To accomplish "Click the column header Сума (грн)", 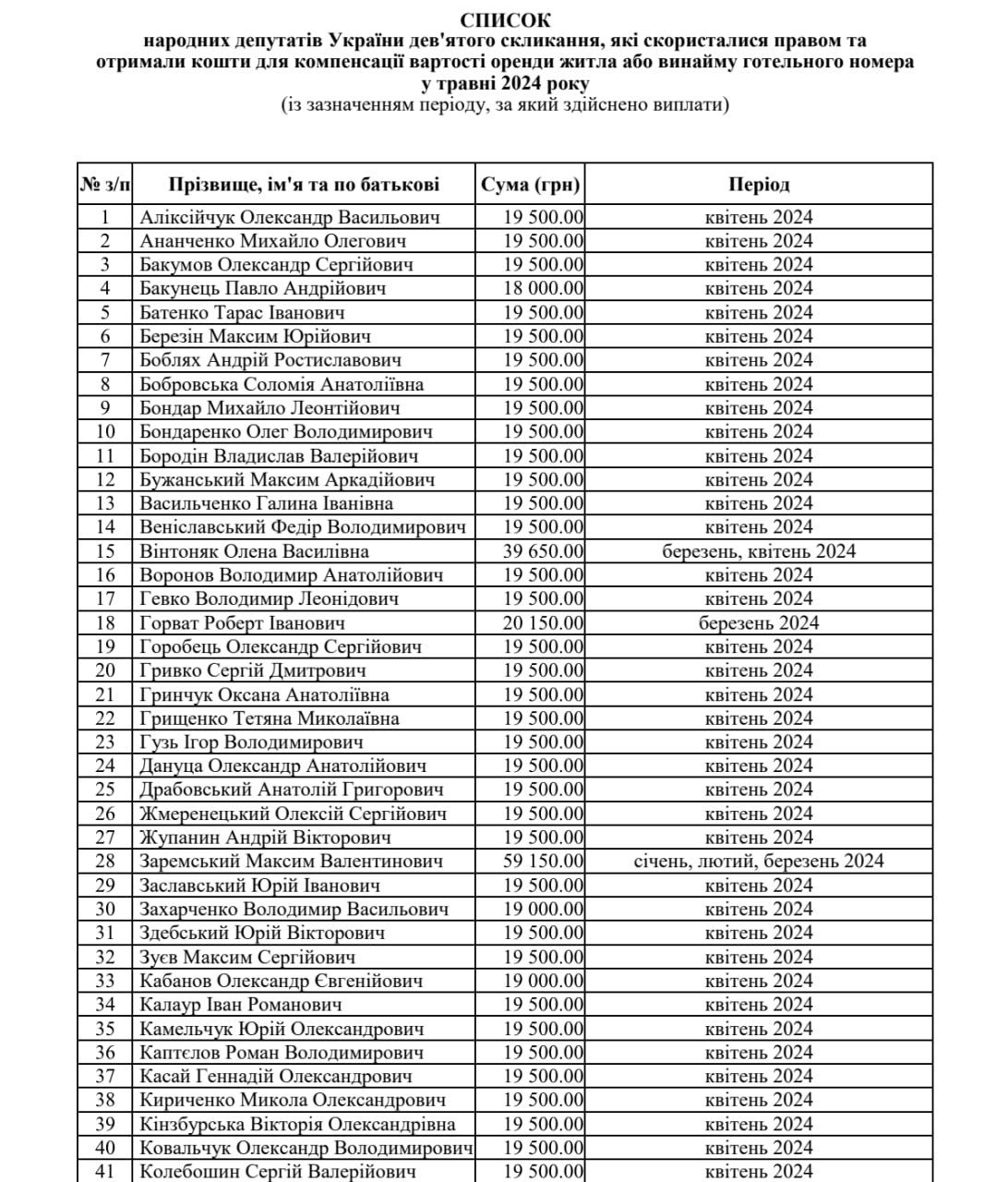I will click(531, 185).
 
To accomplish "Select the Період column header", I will click(759, 185).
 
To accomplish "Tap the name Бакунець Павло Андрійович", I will click(263, 288).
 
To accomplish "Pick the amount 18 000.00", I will click(544, 288).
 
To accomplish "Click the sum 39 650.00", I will click(544, 551).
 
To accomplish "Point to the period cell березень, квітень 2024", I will click(759, 551).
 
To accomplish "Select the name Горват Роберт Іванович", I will click(243, 622).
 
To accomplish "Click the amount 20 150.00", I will click(544, 622).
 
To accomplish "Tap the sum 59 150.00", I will click(544, 861).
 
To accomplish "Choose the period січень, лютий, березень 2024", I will click(759, 861).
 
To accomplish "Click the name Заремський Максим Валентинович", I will click(292, 861).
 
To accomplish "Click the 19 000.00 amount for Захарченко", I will click(544, 909).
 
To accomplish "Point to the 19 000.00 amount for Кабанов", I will click(544, 981).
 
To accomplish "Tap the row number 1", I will click(105, 217).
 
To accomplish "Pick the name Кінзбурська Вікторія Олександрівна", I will click(298, 1124).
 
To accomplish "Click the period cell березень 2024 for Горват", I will click(759, 622).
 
